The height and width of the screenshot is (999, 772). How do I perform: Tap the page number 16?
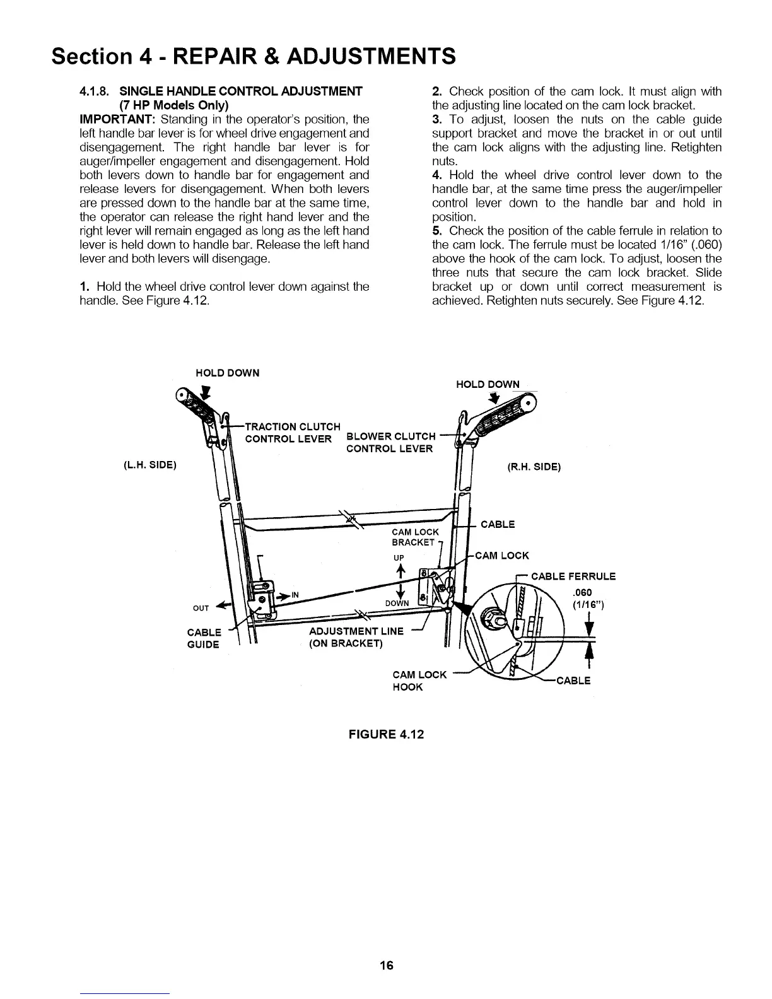click(387, 965)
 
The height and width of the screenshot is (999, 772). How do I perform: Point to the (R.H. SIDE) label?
click(534, 467)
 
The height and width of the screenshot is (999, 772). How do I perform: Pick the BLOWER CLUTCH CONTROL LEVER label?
click(391, 443)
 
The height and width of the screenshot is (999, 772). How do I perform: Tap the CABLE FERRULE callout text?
click(573, 576)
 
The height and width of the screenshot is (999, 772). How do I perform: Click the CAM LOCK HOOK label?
click(419, 681)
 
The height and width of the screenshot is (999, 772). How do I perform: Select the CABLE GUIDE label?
click(204, 638)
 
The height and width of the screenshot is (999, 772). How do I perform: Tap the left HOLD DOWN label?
click(227, 373)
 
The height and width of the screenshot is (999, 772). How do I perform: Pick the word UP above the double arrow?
click(399, 558)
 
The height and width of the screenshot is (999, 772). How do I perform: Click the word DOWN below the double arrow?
click(397, 604)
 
